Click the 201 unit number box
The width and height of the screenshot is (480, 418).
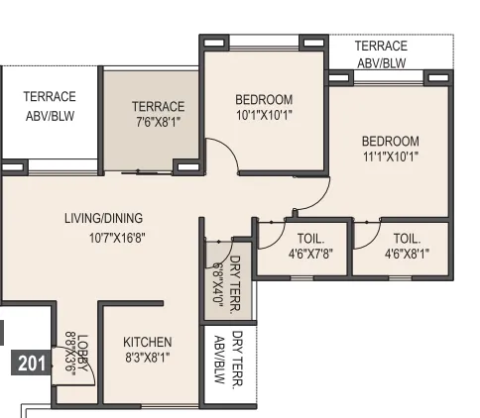[32, 364]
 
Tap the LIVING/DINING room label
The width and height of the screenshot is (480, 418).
[103, 218]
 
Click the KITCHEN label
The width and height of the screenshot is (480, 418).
[148, 343]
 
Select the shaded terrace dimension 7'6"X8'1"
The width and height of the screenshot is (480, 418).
[158, 124]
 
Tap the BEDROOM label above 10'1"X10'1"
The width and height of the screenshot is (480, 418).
[264, 99]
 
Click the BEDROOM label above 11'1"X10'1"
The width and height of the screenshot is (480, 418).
[391, 141]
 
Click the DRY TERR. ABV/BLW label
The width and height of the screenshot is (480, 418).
[229, 359]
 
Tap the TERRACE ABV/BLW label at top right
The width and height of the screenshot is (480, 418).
[381, 53]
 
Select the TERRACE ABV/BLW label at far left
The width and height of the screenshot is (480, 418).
[50, 105]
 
